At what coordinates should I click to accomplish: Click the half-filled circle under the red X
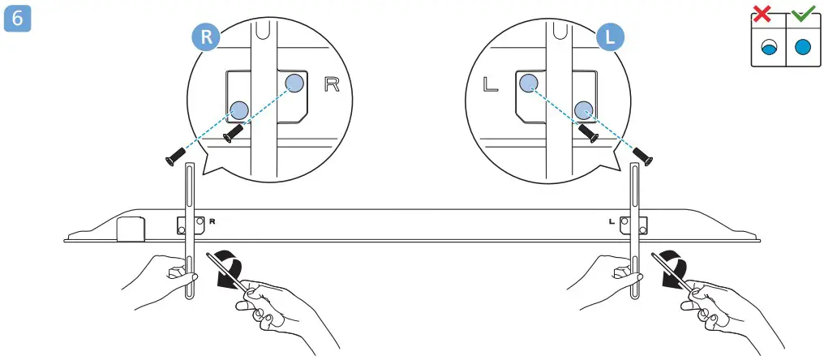767,48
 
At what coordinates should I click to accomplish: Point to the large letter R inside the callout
332,84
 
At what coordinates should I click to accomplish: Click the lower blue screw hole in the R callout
238,109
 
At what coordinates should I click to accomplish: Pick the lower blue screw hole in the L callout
585,109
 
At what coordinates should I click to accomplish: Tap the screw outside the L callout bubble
643,155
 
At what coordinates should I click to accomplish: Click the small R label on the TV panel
212,221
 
